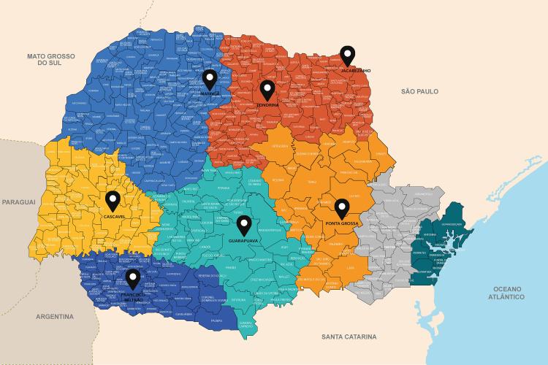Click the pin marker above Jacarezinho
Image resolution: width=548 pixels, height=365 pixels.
tap(349, 55)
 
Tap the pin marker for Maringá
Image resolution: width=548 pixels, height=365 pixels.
tap(210, 79)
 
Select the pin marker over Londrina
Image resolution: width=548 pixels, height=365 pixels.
tap(267, 90)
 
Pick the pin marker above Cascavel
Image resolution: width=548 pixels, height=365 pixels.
tap(113, 200)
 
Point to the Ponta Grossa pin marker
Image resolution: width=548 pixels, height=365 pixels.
tap(341, 207)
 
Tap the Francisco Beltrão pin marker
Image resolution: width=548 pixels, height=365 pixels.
tap(132, 278)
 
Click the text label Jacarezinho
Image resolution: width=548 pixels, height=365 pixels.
tap(356, 70)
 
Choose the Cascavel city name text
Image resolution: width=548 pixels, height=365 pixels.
tap(114, 217)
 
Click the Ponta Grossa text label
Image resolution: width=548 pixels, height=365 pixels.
tap(341, 222)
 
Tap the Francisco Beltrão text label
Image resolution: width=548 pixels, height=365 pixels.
tap(132, 296)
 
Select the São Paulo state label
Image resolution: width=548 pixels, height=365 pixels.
tap(419, 91)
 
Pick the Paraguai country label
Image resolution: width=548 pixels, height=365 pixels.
tap(18, 201)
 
